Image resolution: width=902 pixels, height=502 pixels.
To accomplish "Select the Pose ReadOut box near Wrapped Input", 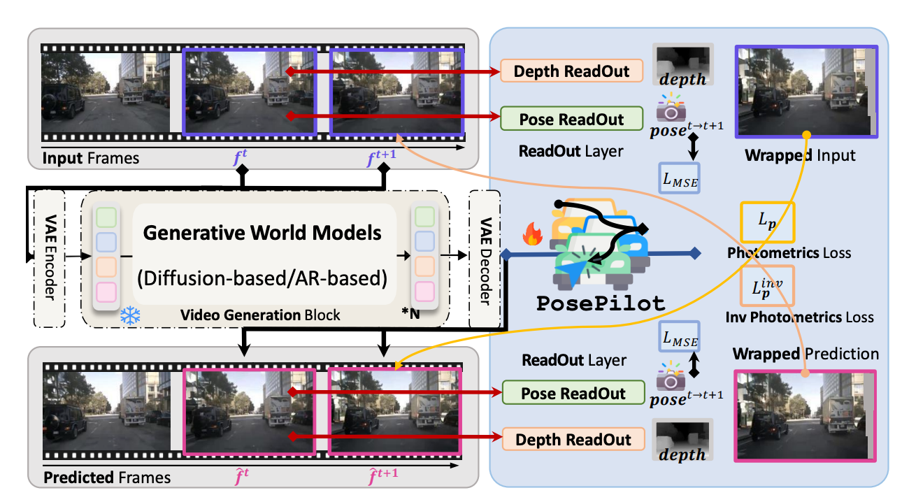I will pyautogui.click(x=571, y=118).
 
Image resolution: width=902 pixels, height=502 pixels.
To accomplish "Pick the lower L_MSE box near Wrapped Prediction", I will pyautogui.click(x=679, y=338).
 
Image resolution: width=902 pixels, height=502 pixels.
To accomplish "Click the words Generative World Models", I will pyautogui.click(x=262, y=233).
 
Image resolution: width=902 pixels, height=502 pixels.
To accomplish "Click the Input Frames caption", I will pyautogui.click(x=91, y=158).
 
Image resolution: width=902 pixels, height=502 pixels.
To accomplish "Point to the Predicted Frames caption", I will pyautogui.click(x=107, y=478).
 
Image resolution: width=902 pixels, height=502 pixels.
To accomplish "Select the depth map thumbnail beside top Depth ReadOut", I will pyautogui.click(x=682, y=65).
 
